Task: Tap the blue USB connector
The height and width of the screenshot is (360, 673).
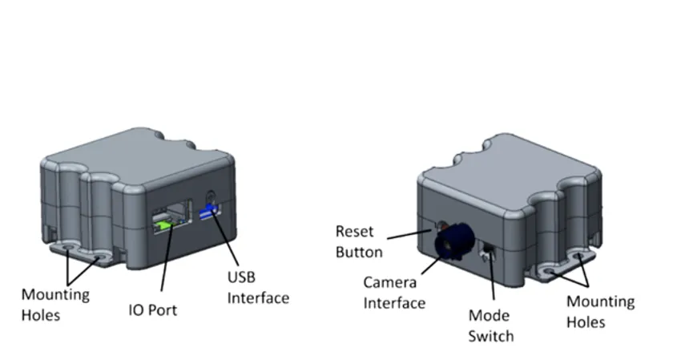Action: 210,212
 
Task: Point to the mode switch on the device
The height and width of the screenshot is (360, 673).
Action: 486,253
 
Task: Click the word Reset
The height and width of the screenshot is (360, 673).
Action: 354,232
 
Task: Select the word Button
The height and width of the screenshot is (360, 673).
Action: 358,252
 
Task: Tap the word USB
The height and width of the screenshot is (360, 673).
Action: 244,277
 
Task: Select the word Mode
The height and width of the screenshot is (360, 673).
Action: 490,315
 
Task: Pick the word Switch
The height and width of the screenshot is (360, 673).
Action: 491,335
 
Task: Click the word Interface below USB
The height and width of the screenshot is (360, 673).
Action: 258,298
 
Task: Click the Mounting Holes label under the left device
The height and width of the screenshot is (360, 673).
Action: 54,305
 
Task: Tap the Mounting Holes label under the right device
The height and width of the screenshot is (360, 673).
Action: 600,312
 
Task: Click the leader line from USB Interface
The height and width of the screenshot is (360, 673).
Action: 225,245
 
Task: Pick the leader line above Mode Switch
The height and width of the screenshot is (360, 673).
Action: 489,281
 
